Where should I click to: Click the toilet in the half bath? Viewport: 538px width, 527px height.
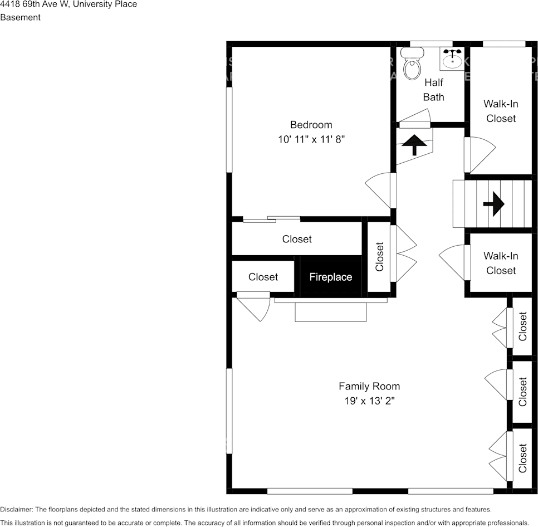[412, 65]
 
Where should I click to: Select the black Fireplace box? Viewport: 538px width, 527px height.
[331, 277]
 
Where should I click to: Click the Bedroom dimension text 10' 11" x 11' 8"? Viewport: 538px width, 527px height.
[311, 140]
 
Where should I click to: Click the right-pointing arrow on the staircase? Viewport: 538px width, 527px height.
[493, 204]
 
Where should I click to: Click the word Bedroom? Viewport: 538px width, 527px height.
[311, 125]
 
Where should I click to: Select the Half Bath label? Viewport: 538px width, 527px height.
[433, 90]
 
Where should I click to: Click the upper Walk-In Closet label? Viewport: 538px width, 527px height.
[501, 111]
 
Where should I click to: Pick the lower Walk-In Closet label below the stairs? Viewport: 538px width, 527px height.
[501, 263]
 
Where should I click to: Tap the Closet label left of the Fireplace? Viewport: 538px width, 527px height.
[263, 277]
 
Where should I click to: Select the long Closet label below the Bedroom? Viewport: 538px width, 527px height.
[297, 239]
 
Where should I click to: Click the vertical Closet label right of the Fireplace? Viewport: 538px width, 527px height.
[380, 256]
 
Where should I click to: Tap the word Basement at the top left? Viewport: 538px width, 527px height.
[20, 17]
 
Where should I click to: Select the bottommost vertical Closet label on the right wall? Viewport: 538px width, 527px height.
[522, 458]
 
